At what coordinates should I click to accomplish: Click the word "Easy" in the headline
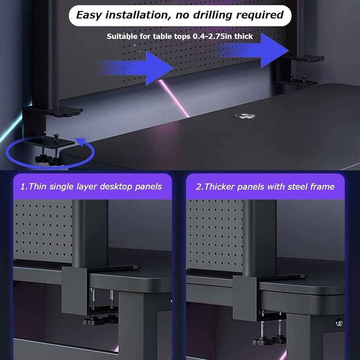(89, 15)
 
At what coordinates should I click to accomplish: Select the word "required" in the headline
(260, 15)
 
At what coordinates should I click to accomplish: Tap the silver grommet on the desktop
(245, 116)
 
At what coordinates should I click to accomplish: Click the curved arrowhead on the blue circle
(81, 141)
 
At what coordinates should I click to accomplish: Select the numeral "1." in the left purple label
(24, 186)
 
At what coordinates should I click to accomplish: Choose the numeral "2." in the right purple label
(199, 186)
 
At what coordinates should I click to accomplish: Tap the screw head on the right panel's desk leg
(339, 323)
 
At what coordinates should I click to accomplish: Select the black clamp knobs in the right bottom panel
(269, 340)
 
